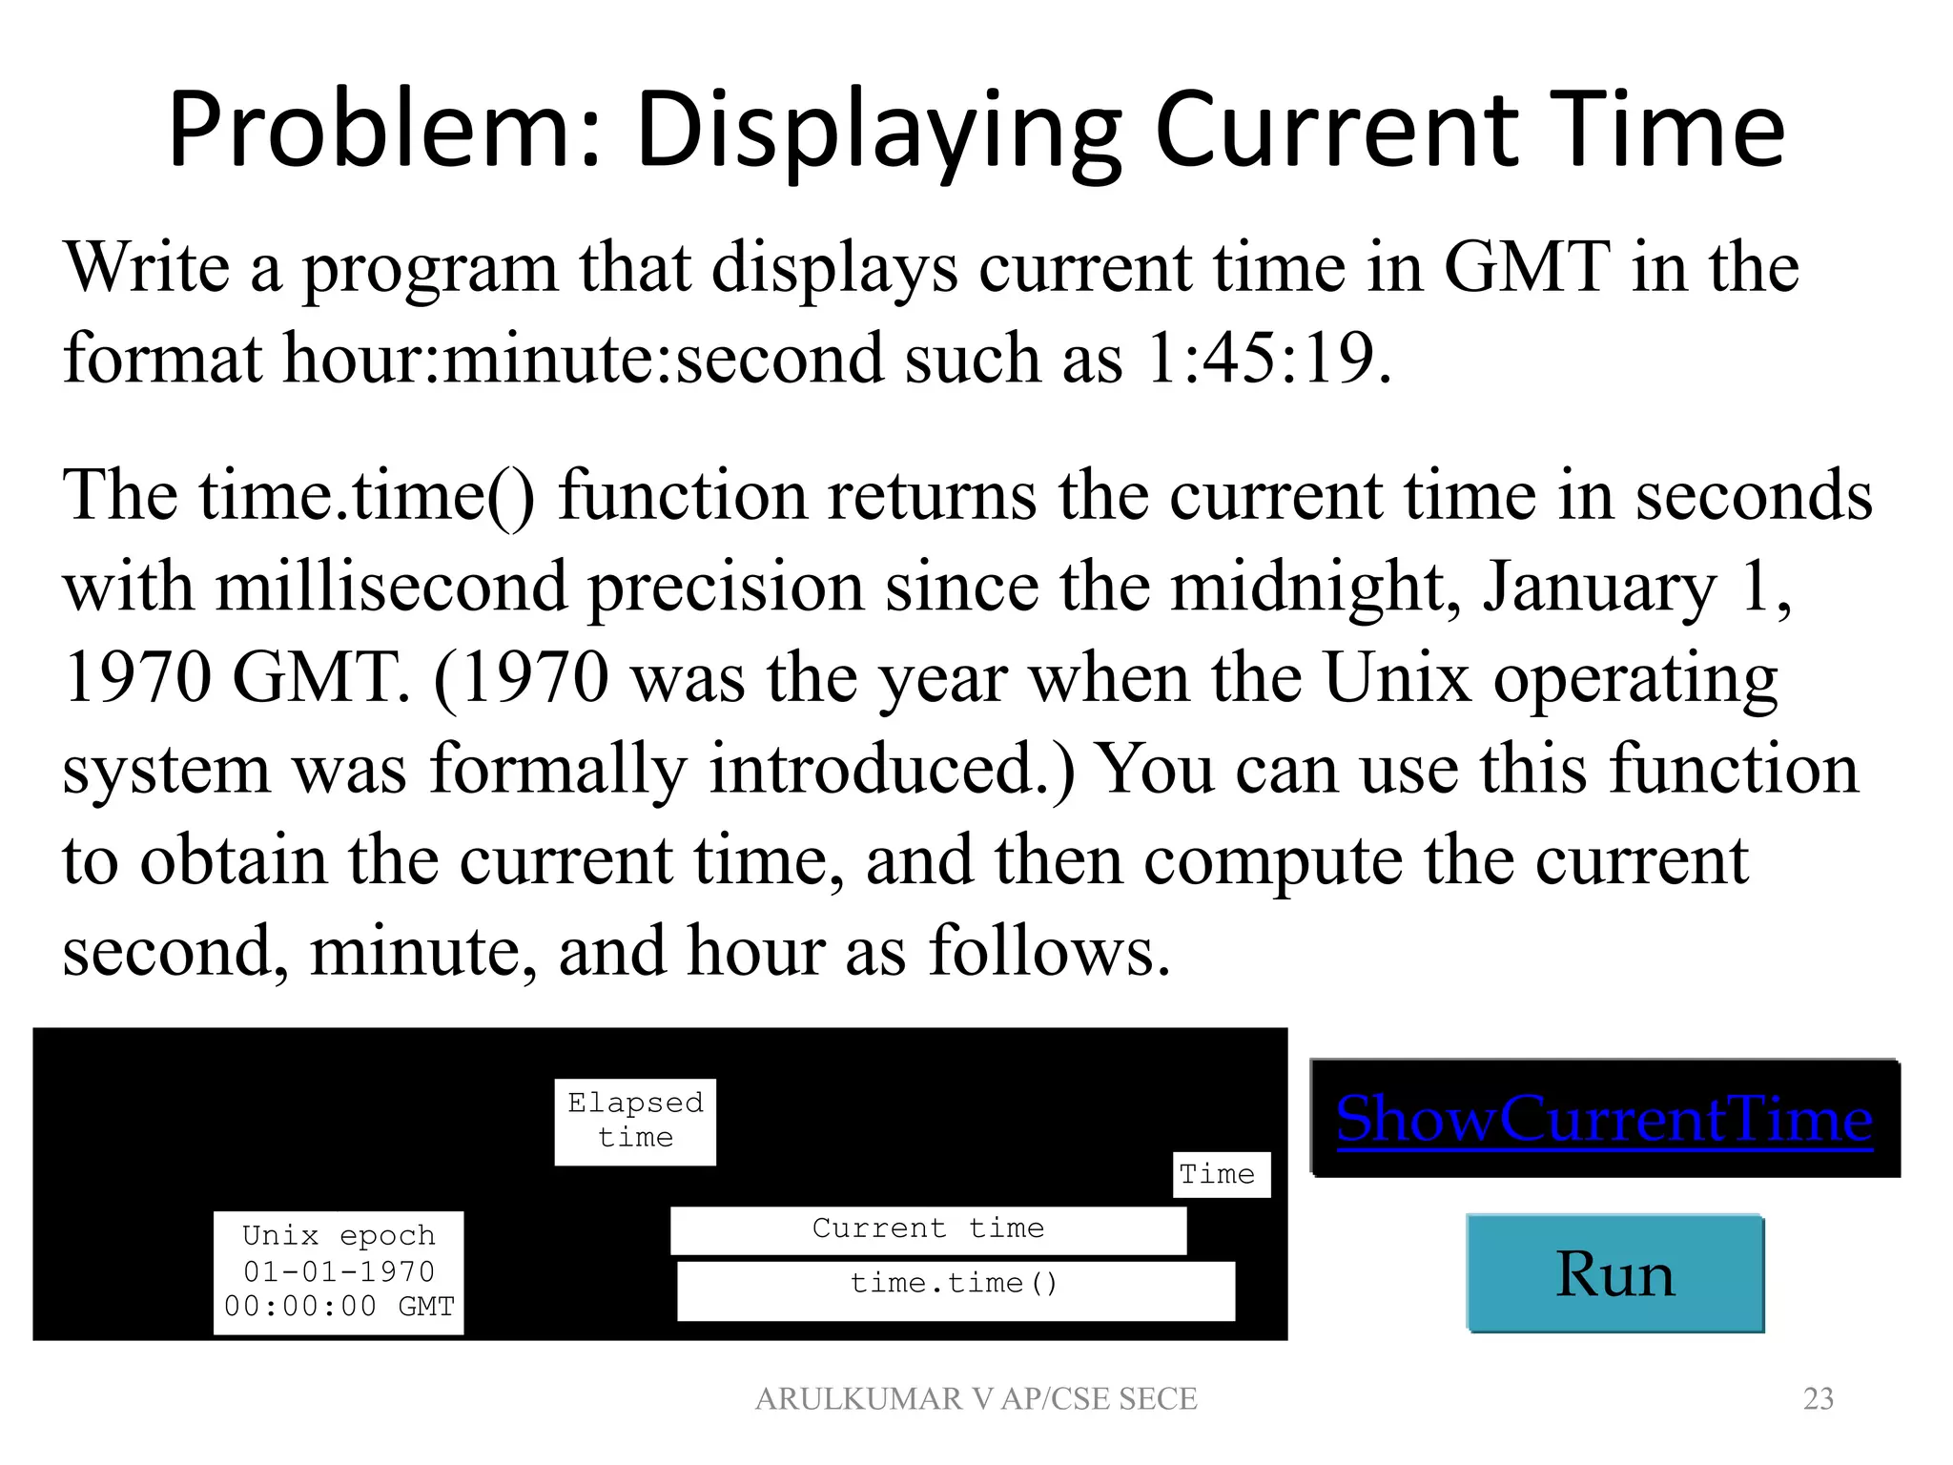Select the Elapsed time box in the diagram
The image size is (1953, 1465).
[635, 1121]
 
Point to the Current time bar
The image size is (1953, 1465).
[928, 1229]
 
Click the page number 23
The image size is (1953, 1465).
[1818, 1398]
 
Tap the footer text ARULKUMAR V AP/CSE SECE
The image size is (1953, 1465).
[976, 1398]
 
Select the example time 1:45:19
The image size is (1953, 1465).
[1267, 359]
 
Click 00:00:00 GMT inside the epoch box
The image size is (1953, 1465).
[339, 1307]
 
